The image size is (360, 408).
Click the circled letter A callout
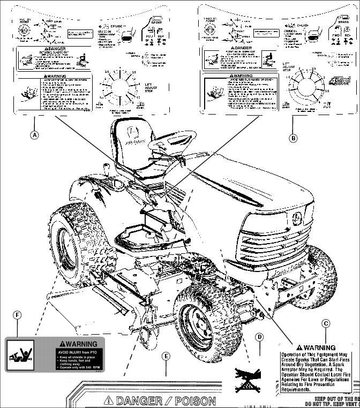pyautogui.click(x=34, y=135)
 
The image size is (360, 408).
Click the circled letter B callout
pyautogui.click(x=293, y=138)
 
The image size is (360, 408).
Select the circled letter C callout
pyautogui.click(x=326, y=323)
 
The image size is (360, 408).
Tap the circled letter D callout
pyautogui.click(x=259, y=337)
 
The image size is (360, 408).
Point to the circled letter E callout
pyautogui.click(x=166, y=356)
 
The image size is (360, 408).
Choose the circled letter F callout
pyautogui.click(x=17, y=315)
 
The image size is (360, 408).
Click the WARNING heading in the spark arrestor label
pyautogui.click(x=319, y=348)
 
